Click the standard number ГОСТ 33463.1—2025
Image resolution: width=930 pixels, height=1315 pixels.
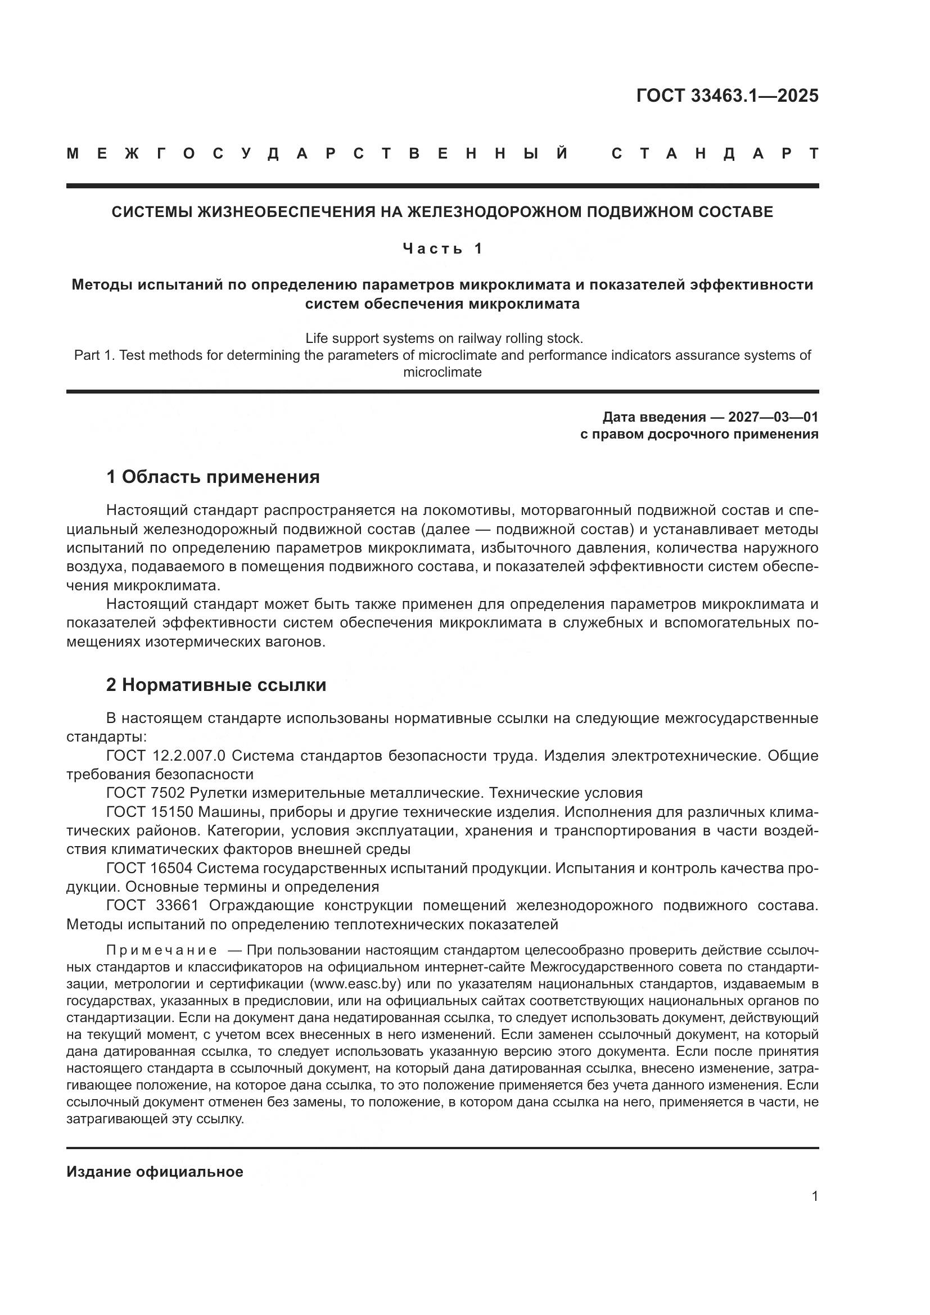pos(726,96)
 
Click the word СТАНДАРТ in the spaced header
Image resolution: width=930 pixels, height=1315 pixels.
pos(715,154)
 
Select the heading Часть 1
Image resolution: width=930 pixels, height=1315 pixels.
pos(443,248)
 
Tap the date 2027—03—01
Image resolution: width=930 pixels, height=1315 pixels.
pos(773,417)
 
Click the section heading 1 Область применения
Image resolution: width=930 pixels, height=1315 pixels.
pos(213,477)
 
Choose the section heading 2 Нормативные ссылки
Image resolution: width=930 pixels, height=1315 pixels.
pos(216,685)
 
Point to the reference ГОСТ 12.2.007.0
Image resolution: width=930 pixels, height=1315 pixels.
pos(165,756)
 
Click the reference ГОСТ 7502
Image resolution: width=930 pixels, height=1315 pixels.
pos(146,793)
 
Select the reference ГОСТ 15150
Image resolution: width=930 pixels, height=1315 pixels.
pos(150,812)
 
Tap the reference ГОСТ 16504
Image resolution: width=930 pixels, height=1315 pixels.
pos(150,868)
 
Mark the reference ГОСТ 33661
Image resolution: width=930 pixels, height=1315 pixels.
pos(152,906)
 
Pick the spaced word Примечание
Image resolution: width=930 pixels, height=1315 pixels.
pos(162,951)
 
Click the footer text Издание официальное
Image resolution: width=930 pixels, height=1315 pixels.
pos(155,1172)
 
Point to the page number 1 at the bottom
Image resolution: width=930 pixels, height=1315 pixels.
pos(814,1196)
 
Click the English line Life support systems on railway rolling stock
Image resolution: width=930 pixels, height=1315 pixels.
pos(444,338)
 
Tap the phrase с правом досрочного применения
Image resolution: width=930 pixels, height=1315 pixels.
pos(699,434)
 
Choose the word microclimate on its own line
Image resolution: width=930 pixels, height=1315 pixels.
pos(442,372)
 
